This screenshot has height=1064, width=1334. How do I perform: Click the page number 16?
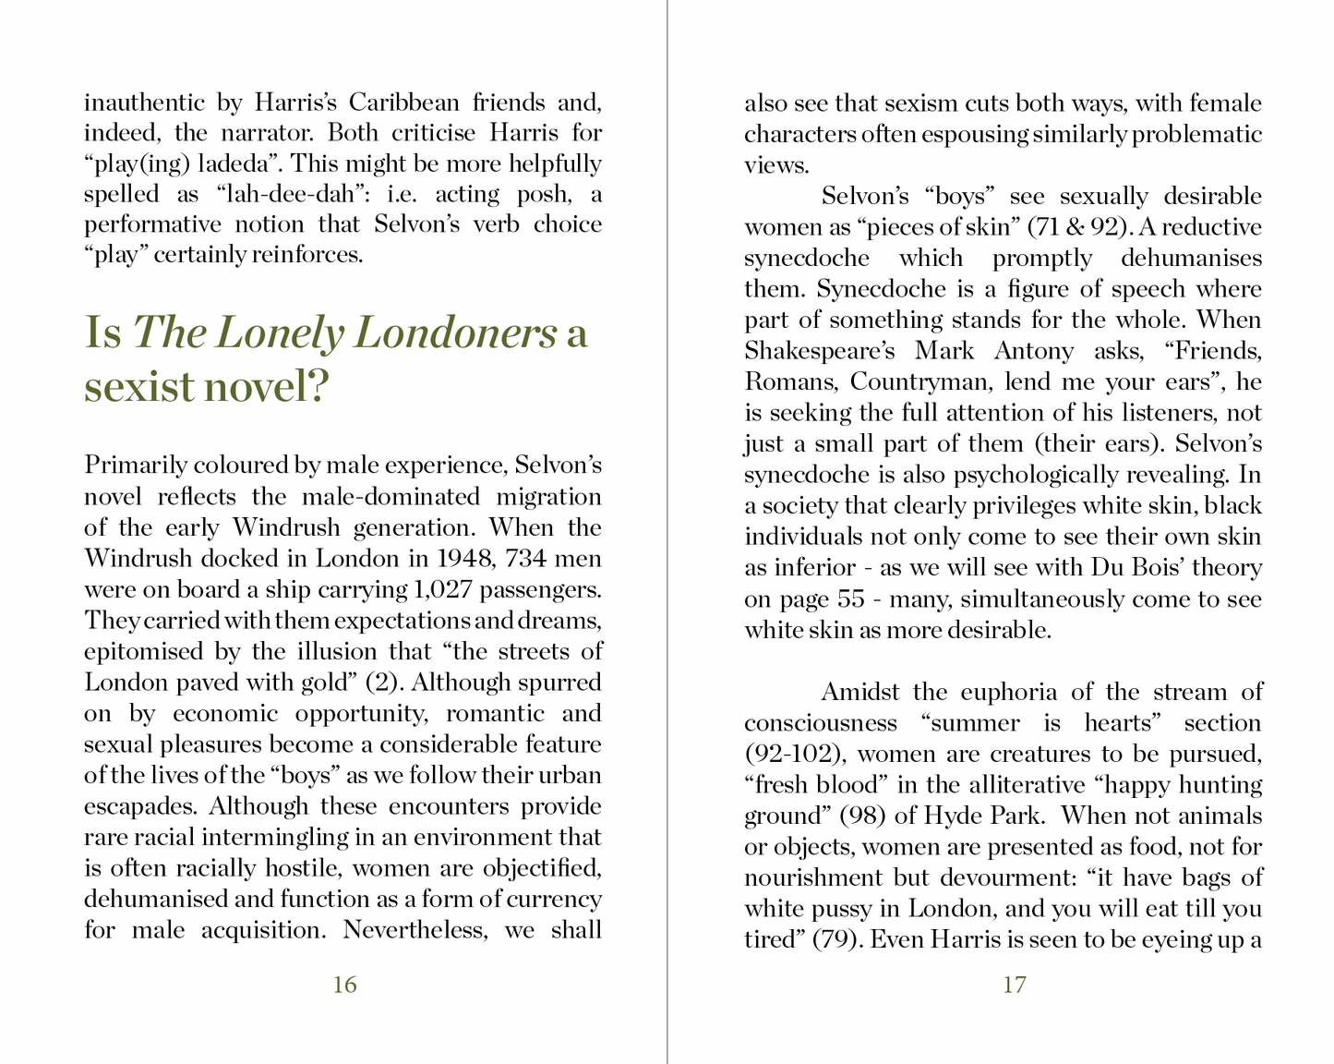click(344, 985)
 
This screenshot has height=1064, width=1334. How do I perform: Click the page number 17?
click(1014, 985)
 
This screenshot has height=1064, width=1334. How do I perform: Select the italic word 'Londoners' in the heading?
click(455, 332)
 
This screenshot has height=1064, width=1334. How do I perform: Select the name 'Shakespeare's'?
click(820, 351)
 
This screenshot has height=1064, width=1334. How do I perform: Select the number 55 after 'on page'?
click(850, 598)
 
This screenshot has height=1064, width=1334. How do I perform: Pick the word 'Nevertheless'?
click(415, 929)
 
